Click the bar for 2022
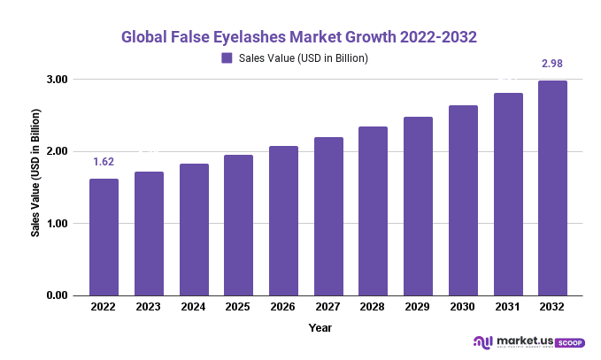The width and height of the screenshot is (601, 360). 104,237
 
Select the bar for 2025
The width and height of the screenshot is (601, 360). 238,226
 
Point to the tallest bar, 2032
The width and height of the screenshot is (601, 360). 552,188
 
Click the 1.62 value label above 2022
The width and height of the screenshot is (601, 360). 104,163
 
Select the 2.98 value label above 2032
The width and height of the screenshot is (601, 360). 552,63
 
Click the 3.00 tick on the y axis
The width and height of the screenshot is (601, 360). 58,80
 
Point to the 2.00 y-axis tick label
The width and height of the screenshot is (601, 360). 58,151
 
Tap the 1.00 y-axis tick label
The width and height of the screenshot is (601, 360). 58,224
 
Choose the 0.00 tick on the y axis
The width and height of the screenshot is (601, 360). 58,295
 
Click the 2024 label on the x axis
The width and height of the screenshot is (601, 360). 193,307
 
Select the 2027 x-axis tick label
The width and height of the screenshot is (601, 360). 327,307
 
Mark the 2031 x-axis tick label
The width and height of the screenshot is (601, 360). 507,307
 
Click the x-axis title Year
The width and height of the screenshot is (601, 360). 320,327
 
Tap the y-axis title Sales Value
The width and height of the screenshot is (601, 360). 36,174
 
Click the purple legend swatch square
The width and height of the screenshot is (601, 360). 227,58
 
